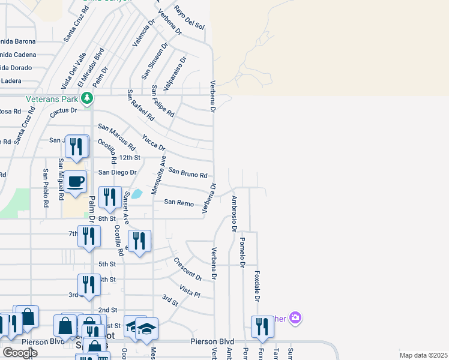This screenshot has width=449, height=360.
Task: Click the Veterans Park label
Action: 52,98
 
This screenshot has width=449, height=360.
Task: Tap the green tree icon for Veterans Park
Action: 88,97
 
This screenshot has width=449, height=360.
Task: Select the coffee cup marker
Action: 76,182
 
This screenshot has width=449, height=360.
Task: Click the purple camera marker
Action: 294,317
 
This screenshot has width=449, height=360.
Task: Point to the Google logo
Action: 20,352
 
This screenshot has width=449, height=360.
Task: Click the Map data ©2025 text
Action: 423,355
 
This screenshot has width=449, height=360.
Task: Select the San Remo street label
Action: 179,203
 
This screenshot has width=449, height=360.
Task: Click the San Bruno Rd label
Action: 187,173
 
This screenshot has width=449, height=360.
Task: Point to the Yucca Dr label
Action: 154,143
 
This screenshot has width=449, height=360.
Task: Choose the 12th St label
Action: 129,157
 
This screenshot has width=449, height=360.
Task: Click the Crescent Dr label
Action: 188,269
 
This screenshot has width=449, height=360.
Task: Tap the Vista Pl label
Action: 189,292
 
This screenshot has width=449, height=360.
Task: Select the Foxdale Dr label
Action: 257,286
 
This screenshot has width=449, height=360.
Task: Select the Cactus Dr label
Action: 64,110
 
